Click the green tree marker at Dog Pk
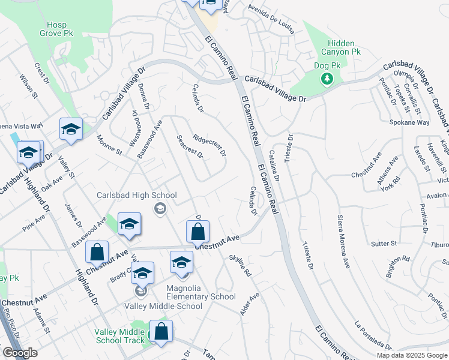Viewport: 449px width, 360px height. (x=327, y=79)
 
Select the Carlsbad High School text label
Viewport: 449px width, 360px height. (x=137, y=195)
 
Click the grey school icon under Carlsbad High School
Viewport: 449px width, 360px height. (x=160, y=208)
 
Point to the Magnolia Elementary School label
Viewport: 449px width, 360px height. (x=192, y=296)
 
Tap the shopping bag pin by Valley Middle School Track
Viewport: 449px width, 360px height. (x=161, y=332)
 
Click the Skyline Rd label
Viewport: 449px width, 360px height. (x=240, y=267)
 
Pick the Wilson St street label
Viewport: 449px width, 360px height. (x=28, y=86)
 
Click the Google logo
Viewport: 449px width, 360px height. (x=20, y=353)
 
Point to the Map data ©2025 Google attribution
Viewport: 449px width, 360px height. (x=412, y=355)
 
